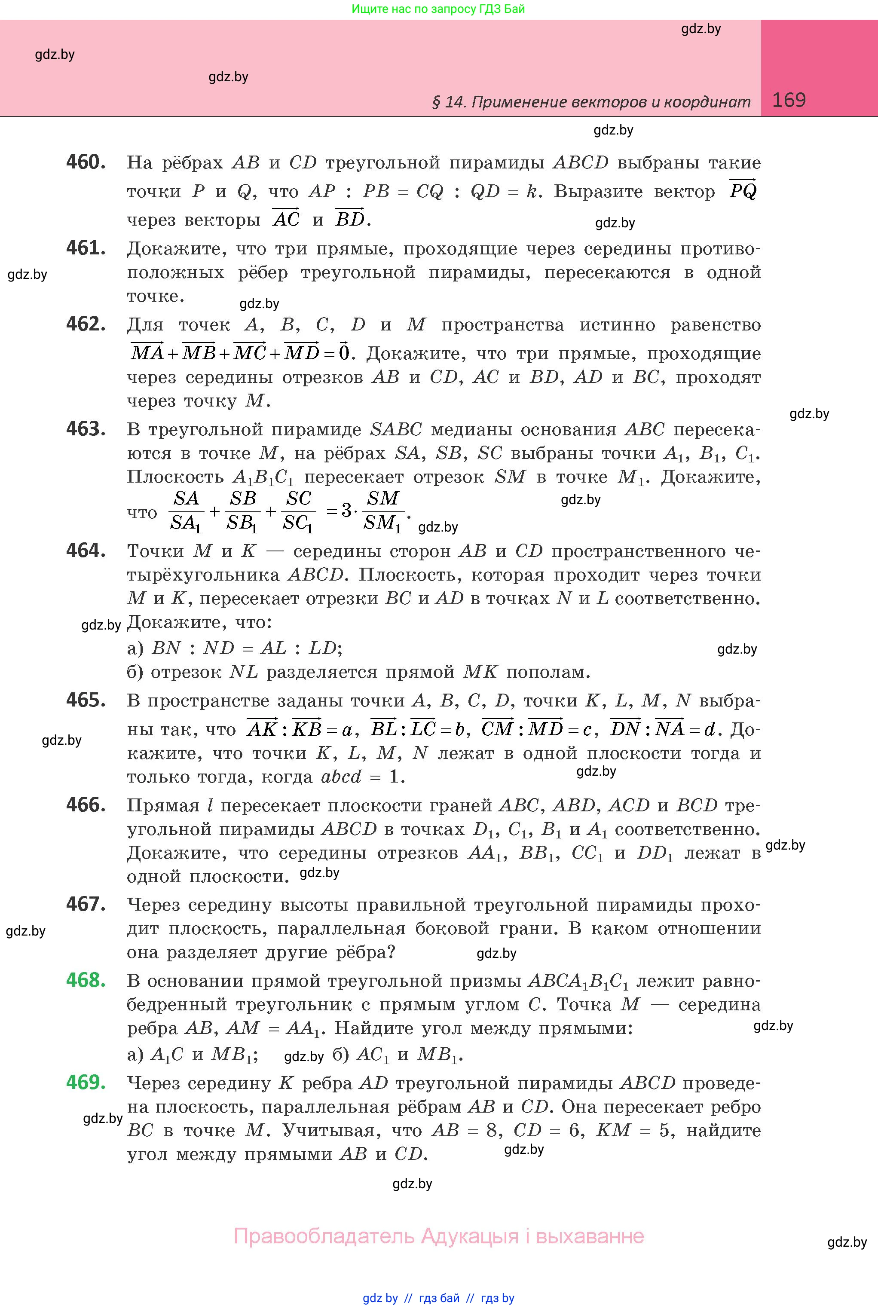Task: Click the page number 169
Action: coord(789,100)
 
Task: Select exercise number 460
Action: coord(86,162)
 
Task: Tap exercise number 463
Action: coord(86,429)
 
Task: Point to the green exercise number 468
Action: coord(86,980)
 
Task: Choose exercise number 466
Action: coord(86,805)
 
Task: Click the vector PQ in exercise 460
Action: coord(743,190)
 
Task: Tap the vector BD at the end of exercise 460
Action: coord(350,218)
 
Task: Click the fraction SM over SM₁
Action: coord(383,510)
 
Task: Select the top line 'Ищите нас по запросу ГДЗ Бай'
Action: coord(438,9)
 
